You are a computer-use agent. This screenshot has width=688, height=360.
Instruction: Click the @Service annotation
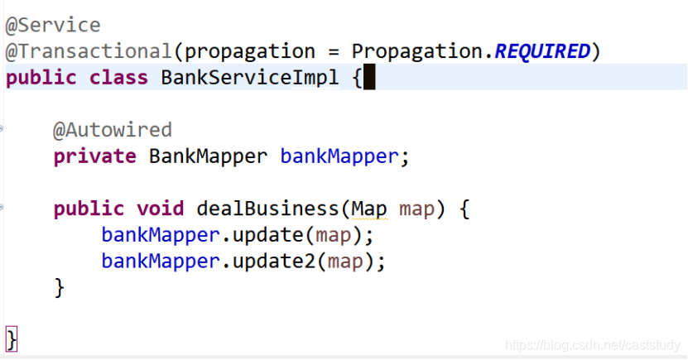[x=53, y=25]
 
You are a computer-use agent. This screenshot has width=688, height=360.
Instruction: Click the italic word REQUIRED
[x=542, y=51]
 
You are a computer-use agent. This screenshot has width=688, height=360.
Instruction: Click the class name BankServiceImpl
[x=250, y=78]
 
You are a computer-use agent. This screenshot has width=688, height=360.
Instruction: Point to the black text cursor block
[x=369, y=78]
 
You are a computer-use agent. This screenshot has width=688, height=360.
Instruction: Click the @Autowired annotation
[x=113, y=130]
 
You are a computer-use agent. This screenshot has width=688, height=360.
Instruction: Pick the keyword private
[x=94, y=156]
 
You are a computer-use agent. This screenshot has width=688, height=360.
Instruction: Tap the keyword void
[x=161, y=209]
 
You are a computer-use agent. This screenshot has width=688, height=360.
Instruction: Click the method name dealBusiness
[x=268, y=209]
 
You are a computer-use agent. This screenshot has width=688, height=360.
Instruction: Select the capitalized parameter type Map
[x=369, y=209]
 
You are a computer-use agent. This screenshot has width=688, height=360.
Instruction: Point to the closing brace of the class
[x=11, y=338]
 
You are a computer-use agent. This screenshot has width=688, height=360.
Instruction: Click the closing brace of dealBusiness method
[x=59, y=287]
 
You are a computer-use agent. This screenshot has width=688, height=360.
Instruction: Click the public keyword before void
[x=89, y=209]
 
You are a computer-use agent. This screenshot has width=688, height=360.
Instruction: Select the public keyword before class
[x=41, y=78]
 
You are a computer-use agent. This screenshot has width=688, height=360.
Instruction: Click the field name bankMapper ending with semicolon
[x=339, y=156]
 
